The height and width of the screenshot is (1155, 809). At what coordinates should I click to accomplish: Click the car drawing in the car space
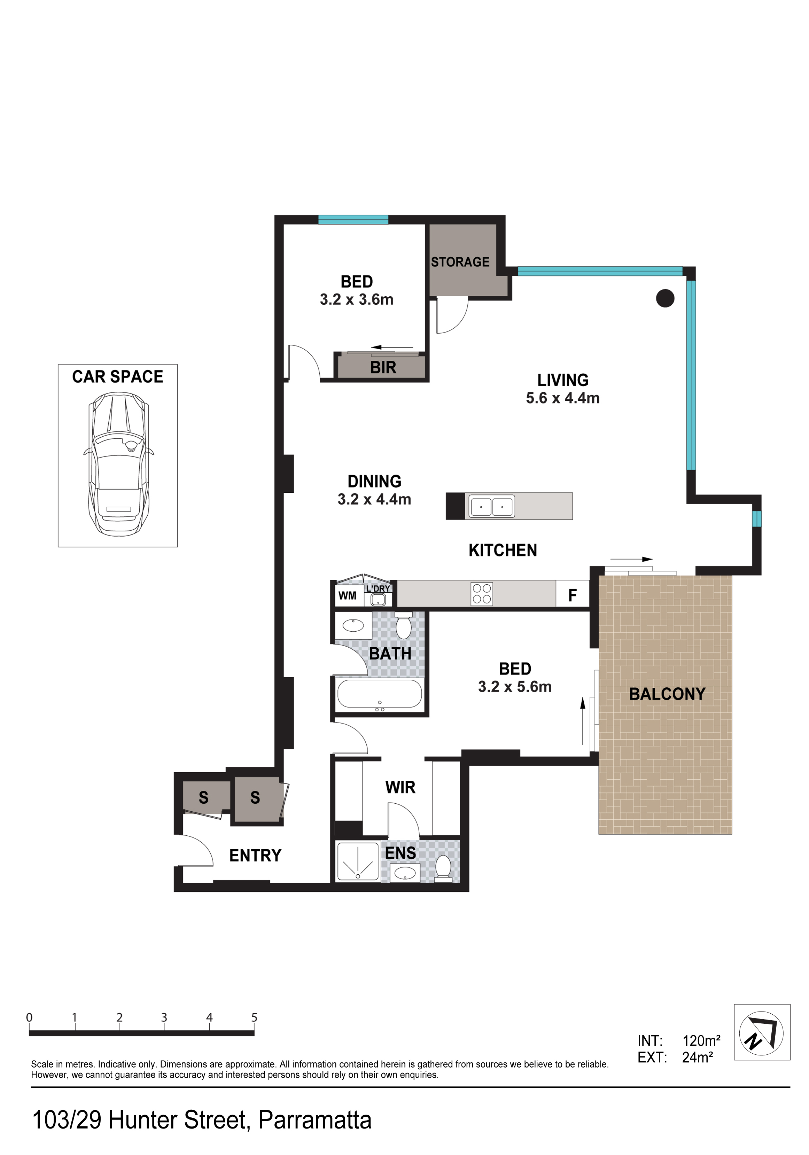118,464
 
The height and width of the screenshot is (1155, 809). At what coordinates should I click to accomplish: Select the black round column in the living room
665,298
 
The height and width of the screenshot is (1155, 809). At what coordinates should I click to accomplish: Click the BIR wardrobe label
383,368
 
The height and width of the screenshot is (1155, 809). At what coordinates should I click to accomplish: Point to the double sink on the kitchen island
491,506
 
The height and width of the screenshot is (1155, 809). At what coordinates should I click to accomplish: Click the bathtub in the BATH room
379,695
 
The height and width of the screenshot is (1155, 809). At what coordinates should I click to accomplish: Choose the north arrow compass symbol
762,1033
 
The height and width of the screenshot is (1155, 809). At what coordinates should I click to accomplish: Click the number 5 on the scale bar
254,1018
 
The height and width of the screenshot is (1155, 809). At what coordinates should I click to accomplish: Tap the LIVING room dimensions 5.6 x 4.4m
562,398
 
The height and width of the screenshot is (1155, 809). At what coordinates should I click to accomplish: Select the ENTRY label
255,855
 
